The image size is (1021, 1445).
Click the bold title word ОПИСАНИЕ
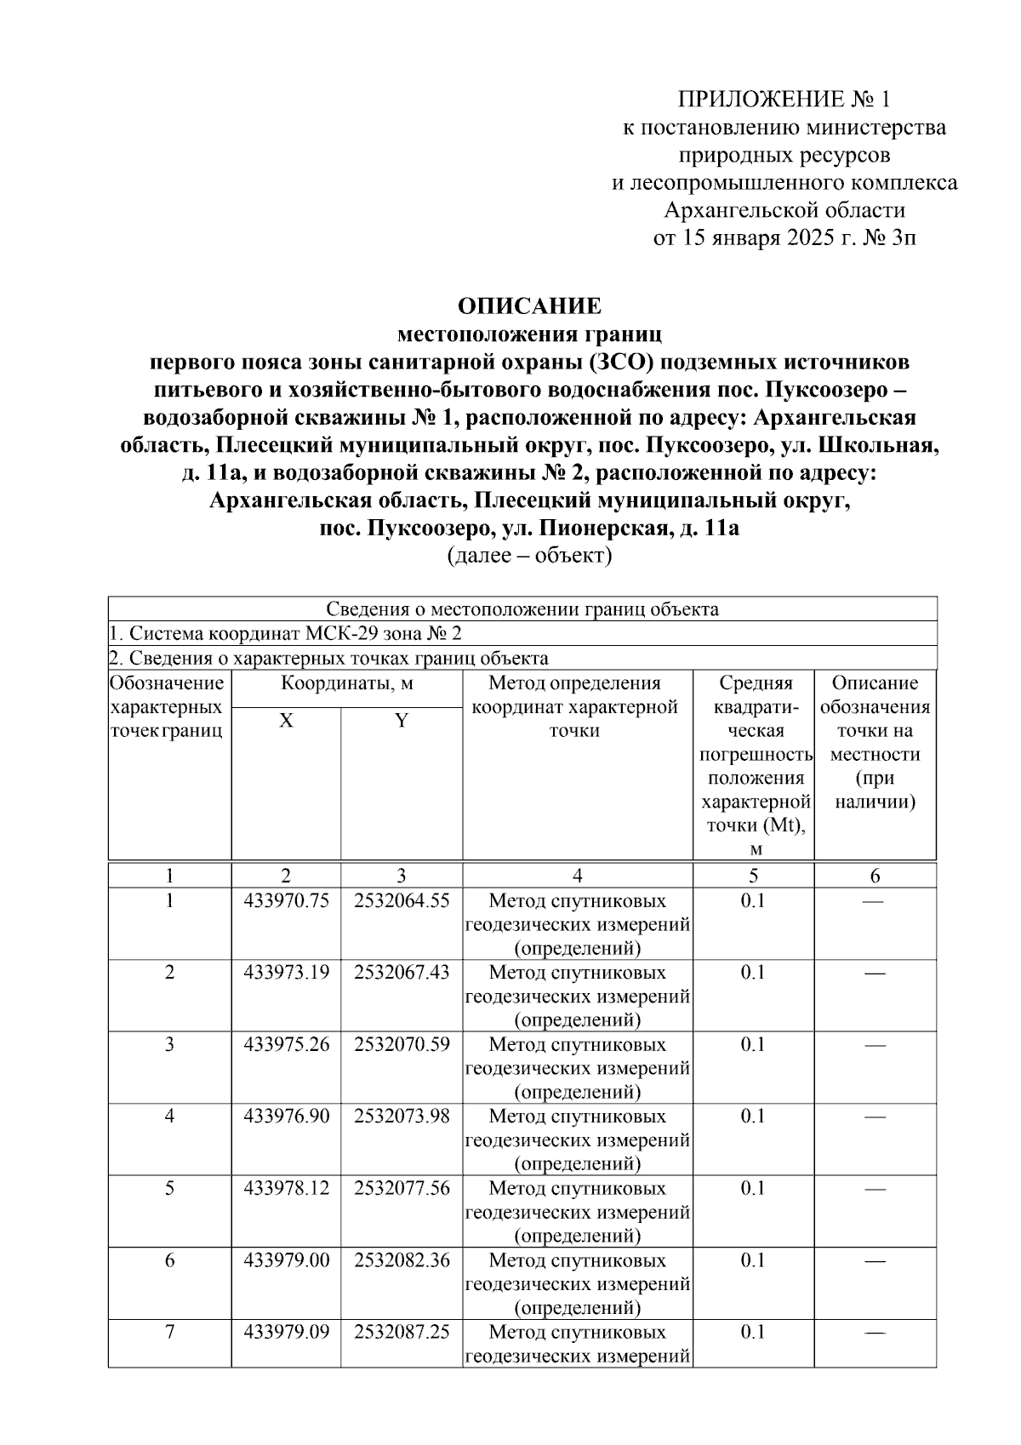529,306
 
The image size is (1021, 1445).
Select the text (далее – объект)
529,556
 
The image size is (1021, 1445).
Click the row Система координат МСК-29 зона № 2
287,634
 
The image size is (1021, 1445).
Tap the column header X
287,721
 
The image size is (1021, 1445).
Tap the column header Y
402,721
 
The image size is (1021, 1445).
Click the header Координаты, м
347,683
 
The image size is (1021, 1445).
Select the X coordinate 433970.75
286,900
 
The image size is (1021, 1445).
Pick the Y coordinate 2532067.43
402,972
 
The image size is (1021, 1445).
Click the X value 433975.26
286,1044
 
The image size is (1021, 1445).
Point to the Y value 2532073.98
402,1116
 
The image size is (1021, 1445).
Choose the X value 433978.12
286,1188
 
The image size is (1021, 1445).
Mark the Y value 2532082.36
402,1259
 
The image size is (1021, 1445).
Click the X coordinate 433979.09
286,1332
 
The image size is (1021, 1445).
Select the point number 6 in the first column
169,1259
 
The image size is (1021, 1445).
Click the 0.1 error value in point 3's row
753,1044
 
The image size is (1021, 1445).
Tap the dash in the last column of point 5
875,1189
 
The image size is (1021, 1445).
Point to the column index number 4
578,876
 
